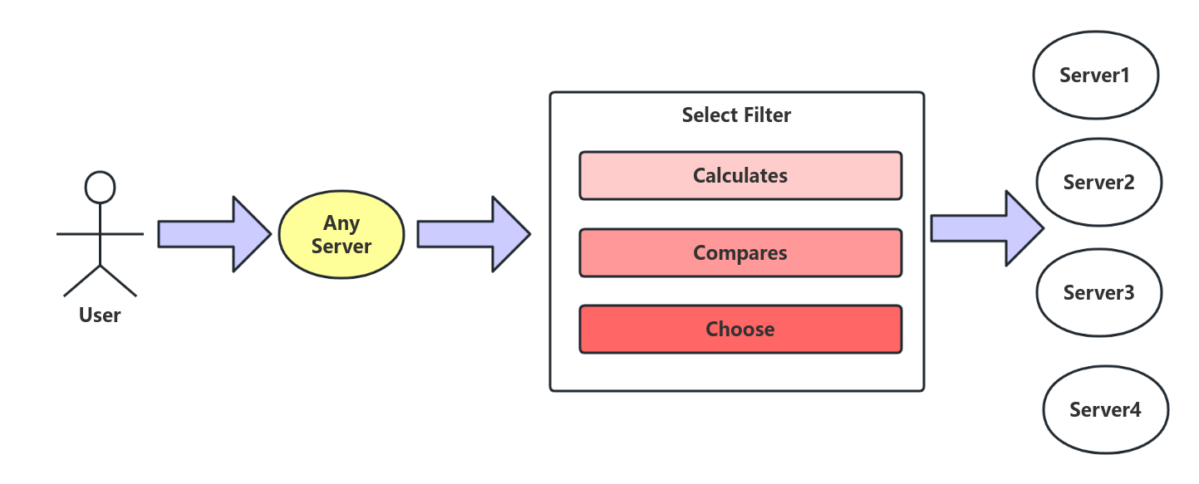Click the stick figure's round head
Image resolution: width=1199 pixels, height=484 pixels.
point(100,187)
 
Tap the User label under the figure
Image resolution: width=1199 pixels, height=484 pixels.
point(100,315)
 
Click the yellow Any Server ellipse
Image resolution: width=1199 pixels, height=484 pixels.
point(341,235)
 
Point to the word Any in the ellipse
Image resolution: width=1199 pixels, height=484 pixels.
point(341,223)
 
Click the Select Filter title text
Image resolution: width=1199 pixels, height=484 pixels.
point(736,115)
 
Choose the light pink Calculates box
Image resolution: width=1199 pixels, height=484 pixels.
point(740,176)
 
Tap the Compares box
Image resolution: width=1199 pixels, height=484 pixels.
point(740,252)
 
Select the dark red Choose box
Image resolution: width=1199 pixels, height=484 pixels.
point(740,330)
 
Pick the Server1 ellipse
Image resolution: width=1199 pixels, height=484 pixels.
point(1095,76)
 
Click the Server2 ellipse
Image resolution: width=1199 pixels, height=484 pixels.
point(1098,182)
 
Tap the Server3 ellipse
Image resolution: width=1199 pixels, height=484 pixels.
point(1098,292)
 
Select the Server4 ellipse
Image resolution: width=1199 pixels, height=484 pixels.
point(1105,409)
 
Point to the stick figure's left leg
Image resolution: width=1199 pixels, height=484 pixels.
point(81,281)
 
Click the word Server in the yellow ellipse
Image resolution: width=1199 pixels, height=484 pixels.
point(341,247)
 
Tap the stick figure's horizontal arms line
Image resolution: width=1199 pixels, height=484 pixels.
point(79,234)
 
